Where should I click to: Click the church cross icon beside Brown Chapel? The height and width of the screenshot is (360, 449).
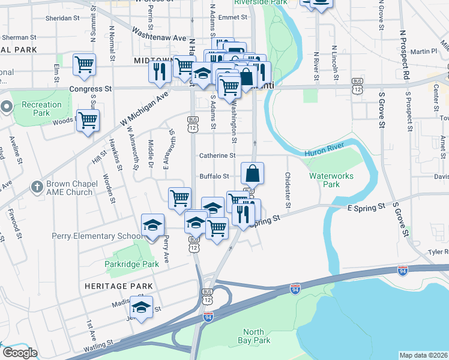point(37,187)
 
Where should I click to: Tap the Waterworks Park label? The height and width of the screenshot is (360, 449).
point(331,180)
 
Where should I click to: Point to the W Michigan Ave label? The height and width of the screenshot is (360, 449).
point(144,110)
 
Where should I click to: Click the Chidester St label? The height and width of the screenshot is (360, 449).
point(288,191)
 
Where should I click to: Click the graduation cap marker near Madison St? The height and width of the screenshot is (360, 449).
point(141,307)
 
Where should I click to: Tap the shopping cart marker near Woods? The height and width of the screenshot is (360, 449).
point(88,121)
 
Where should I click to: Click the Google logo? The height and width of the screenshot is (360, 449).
point(20,353)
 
